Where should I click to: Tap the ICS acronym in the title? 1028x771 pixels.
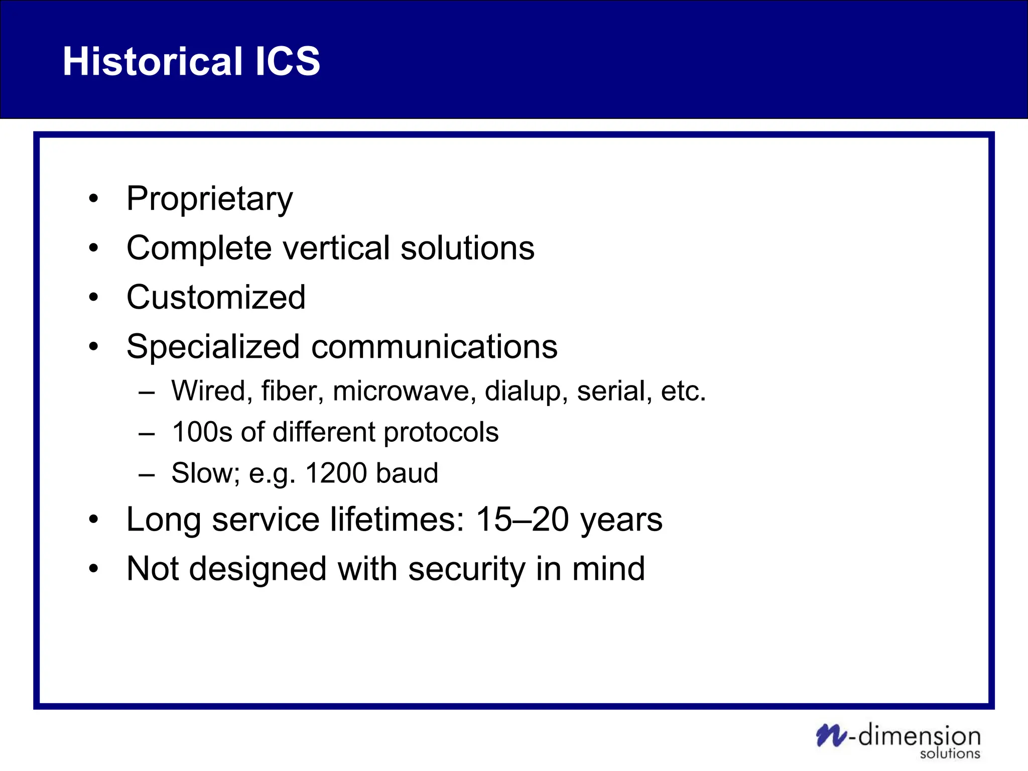(288, 61)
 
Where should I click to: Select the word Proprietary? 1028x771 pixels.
(209, 199)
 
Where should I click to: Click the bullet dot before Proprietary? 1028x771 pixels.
(93, 199)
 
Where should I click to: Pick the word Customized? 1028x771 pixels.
(216, 297)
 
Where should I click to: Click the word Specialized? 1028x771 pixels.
(213, 347)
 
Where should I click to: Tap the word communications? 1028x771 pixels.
(434, 347)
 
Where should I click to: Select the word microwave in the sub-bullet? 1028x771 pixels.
(404, 391)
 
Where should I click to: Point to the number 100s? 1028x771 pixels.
(202, 432)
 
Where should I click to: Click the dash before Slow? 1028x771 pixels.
(146, 474)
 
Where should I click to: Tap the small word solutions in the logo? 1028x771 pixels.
(950, 753)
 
